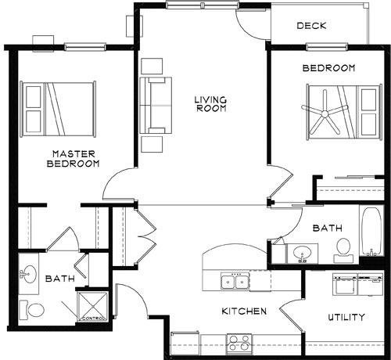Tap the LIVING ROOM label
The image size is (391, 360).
click(x=211, y=104)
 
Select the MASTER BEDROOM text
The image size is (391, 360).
click(x=74, y=159)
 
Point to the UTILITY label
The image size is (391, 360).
click(x=346, y=317)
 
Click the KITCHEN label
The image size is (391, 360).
click(x=244, y=311)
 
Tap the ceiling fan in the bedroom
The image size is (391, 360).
click(x=325, y=114)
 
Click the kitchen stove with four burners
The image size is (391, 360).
click(x=239, y=344)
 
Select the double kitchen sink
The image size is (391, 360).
click(x=235, y=281)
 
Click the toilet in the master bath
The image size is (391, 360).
click(x=31, y=310)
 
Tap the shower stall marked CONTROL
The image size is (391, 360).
click(x=93, y=307)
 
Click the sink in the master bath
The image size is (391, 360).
click(x=27, y=274)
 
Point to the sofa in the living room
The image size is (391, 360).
click(x=156, y=105)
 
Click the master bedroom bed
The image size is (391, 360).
click(x=58, y=109)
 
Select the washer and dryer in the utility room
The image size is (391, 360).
click(x=357, y=285)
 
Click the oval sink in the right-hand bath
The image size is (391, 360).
click(x=303, y=253)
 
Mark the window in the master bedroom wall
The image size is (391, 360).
click(x=85, y=47)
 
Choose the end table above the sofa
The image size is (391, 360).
click(x=152, y=66)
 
